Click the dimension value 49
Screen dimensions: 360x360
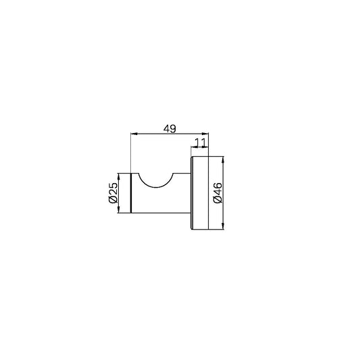tap(170, 129)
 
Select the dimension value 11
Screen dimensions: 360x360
tap(201, 143)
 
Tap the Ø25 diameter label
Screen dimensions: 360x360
tap(113, 192)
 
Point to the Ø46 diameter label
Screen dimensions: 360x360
tap(217, 192)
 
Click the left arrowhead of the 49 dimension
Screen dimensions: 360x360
tap(134, 133)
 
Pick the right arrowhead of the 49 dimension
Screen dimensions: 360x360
tap(205, 133)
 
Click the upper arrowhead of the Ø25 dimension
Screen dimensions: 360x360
tap(118, 176)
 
